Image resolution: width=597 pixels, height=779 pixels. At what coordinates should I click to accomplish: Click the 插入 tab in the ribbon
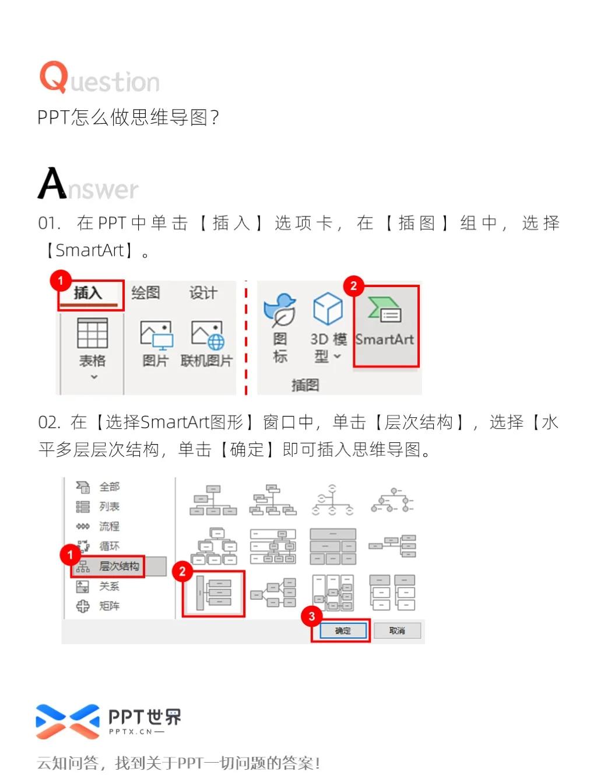88,293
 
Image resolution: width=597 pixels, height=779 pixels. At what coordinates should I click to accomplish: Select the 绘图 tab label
145,293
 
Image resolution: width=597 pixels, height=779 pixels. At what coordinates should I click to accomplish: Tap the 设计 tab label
203,293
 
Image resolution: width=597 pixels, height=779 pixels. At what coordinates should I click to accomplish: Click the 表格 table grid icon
93,333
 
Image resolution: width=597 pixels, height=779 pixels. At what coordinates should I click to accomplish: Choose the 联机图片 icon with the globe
208,334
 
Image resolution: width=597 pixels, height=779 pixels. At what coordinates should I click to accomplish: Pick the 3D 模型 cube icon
328,309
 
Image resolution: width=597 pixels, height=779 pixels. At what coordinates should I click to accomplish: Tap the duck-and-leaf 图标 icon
280,309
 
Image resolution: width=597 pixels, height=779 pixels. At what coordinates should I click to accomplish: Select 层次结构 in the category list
118,566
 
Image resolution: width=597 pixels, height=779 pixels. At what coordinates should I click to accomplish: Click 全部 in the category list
109,487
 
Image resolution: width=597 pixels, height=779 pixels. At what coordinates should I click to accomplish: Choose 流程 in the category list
109,526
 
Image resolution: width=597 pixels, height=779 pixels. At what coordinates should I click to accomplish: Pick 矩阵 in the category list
109,606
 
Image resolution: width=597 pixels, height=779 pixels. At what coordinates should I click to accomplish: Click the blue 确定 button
343,631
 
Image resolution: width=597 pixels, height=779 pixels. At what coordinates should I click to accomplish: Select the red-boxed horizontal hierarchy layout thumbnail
213,593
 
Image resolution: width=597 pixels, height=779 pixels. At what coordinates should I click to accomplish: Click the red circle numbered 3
312,616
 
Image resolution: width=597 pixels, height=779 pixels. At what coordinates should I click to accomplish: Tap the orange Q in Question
54,76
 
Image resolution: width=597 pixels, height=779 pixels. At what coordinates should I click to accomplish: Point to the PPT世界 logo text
145,717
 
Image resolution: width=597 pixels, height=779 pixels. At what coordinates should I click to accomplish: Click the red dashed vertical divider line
246,338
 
